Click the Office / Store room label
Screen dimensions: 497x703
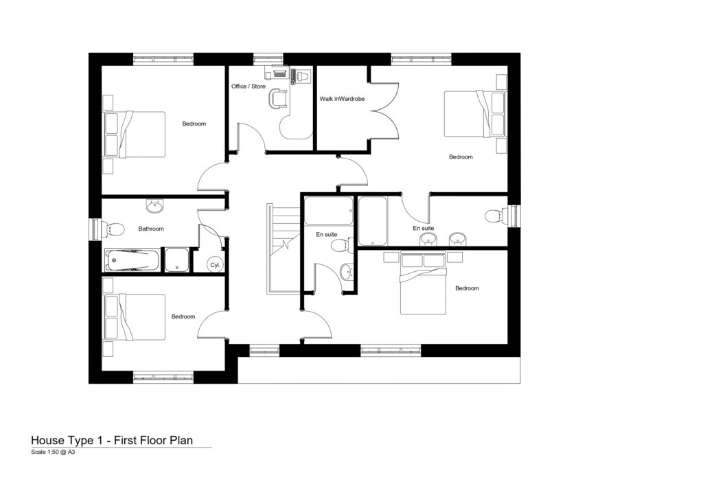point(248,86)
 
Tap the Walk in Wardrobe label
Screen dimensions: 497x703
point(342,99)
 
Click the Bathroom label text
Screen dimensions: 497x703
point(151,229)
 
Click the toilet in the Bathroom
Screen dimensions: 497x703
point(113,229)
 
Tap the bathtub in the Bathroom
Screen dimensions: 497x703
point(132,261)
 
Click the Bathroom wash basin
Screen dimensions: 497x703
point(155,205)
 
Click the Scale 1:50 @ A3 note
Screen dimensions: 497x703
point(53,452)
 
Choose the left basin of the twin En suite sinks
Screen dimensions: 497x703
point(429,239)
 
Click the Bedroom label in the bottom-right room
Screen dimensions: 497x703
point(467,288)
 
